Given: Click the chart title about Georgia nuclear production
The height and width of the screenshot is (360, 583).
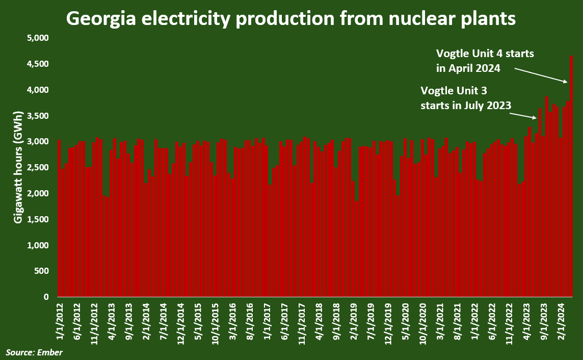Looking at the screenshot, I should (291, 19).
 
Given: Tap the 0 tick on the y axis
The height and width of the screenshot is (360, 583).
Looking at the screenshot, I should (45, 297).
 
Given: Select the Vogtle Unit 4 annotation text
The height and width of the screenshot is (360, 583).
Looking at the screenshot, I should (485, 61).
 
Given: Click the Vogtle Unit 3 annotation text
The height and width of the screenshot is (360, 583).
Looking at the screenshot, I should (465, 98).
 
